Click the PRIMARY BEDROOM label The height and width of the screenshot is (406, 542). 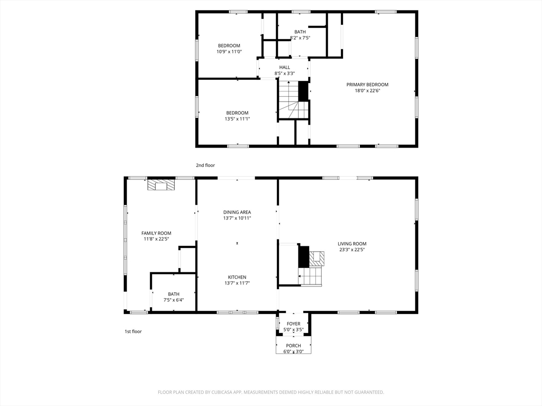click(367, 85)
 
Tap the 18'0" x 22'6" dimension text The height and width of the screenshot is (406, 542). click(367, 91)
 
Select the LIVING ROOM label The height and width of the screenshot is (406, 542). click(352, 244)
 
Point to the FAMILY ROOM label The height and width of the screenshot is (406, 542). click(156, 233)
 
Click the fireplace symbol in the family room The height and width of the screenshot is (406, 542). click(161, 184)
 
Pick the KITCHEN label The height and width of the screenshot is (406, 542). click(237, 277)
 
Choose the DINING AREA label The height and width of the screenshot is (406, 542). click(237, 213)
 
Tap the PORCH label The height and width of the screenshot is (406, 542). click(293, 346)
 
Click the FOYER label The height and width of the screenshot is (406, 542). click(294, 324)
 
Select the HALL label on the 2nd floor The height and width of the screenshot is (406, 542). click(285, 67)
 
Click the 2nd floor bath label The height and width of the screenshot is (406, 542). click(300, 32)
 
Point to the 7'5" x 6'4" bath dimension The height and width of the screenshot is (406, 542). click(174, 300)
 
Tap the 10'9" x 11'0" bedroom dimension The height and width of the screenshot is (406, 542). click(229, 52)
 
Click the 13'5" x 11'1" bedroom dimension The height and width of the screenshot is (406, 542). click(238, 119)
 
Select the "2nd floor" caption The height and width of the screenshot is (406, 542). click(205, 165)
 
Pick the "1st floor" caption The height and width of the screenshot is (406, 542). click(133, 331)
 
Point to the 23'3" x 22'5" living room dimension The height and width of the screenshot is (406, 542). click(352, 250)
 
